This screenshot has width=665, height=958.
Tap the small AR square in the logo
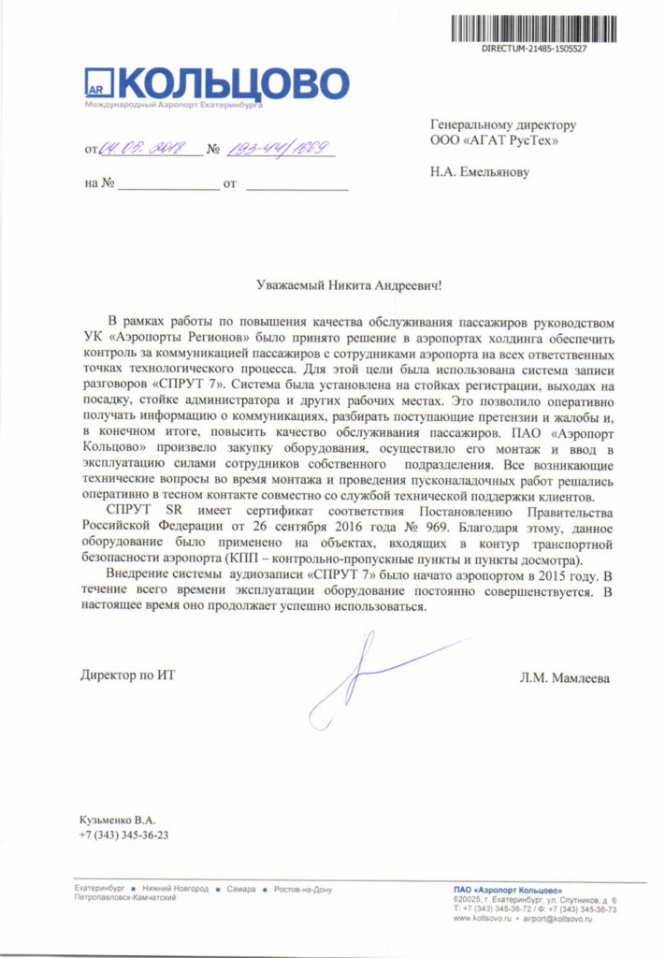[x=97, y=84]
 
